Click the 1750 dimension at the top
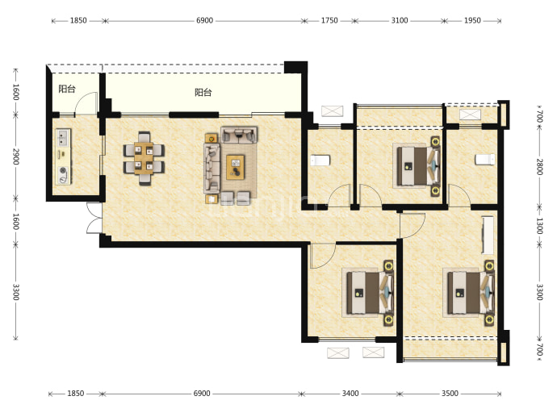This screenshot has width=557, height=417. pyautogui.click(x=329, y=21)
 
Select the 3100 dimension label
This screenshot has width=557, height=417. pyautogui.click(x=400, y=21)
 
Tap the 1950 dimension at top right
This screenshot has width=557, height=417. pyautogui.click(x=472, y=21)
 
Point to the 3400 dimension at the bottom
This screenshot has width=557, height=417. pyautogui.click(x=350, y=394)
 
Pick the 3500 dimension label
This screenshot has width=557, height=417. pyautogui.click(x=450, y=394)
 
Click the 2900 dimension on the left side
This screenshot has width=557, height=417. pyautogui.click(x=15, y=156)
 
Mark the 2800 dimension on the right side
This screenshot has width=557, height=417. pyautogui.click(x=539, y=167)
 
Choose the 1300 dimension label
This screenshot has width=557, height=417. pyautogui.click(x=539, y=226)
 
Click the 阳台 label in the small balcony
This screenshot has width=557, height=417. pyautogui.click(x=67, y=89)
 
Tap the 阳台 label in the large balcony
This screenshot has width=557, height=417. pyautogui.click(x=203, y=93)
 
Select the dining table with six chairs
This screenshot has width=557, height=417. pyautogui.click(x=144, y=158)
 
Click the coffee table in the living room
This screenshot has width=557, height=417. pyautogui.click(x=236, y=167)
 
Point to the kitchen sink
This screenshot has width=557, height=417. pyautogui.click(x=62, y=138)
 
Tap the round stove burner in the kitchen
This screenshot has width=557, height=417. pyautogui.click(x=63, y=170)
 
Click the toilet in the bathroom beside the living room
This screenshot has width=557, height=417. pyautogui.click(x=320, y=160)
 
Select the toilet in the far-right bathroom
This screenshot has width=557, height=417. pyautogui.click(x=485, y=160)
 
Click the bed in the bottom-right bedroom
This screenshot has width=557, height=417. pyautogui.click(x=469, y=293)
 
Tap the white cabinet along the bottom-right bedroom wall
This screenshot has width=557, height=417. pyautogui.click(x=488, y=235)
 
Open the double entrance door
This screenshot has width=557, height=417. pyautogui.click(x=94, y=218)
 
